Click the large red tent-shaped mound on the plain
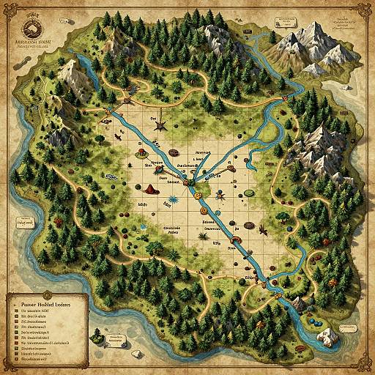pos(149,189)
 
